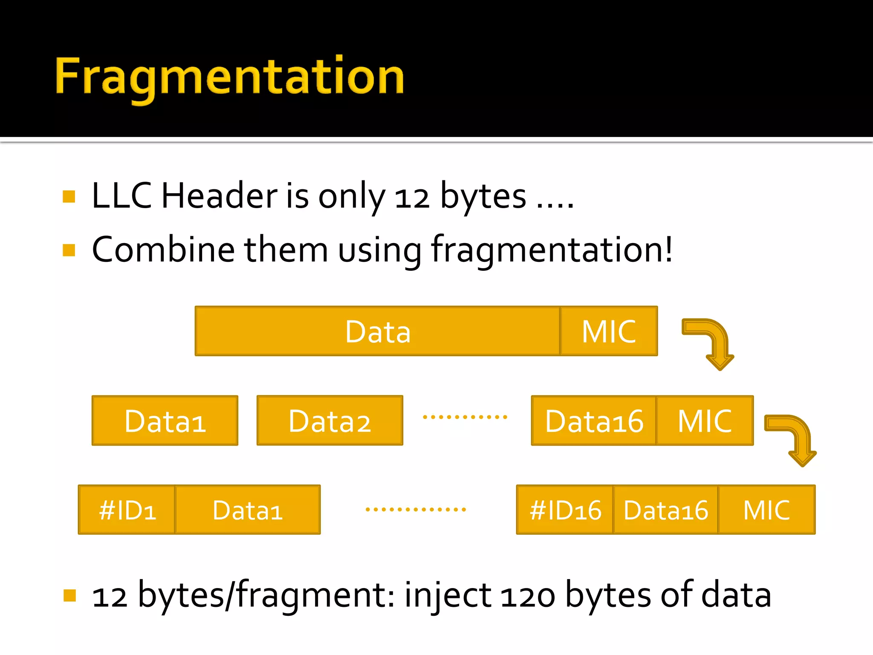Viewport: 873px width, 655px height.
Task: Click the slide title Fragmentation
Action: pos(229,77)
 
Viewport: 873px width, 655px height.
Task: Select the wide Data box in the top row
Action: pos(378,331)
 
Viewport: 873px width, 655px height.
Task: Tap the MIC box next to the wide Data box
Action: pos(609,331)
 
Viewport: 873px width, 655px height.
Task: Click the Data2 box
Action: pos(330,421)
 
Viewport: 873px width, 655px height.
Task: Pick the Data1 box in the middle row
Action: pos(165,421)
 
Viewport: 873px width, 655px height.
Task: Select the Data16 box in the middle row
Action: pos(594,421)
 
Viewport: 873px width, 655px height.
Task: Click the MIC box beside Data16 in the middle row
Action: pos(705,421)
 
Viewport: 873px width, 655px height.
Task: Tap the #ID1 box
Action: pos(127,510)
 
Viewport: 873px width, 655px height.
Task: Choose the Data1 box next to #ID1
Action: pos(248,510)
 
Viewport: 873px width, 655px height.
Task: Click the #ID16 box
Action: pos(565,510)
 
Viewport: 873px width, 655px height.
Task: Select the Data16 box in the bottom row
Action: pos(665,510)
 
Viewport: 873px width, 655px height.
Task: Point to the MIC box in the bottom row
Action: pos(766,510)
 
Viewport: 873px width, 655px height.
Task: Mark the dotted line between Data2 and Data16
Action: pos(465,417)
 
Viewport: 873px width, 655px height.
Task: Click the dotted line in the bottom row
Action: pos(416,509)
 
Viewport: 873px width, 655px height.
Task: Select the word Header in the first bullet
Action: pos(220,196)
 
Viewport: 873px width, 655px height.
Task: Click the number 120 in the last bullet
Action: pos(528,596)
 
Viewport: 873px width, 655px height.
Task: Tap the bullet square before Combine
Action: pos(69,250)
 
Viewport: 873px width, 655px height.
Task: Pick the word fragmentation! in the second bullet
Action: pos(552,250)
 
